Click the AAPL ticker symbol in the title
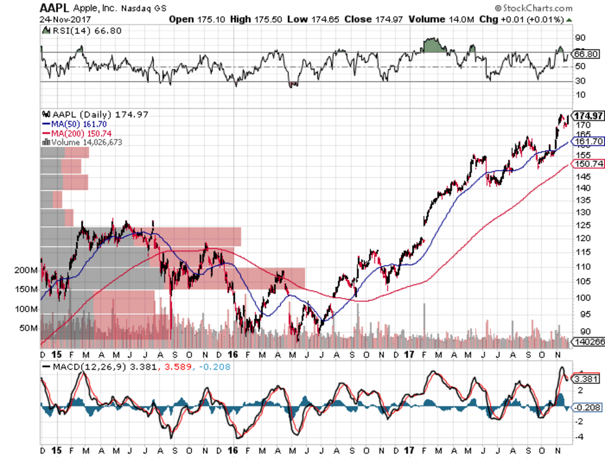pos(54,7)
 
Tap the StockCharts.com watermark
pos(534,8)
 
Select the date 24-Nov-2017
pos(65,20)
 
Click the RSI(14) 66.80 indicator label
pos(82,31)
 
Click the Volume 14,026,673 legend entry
pos(82,142)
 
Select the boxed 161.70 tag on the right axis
pos(589,141)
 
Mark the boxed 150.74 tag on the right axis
pos(589,164)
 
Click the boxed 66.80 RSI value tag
pos(586,54)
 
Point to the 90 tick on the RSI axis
pos(580,38)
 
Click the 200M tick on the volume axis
pos(26,270)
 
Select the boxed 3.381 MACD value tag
pos(586,379)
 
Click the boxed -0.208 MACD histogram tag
pos(586,407)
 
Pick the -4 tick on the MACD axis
pos(580,437)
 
